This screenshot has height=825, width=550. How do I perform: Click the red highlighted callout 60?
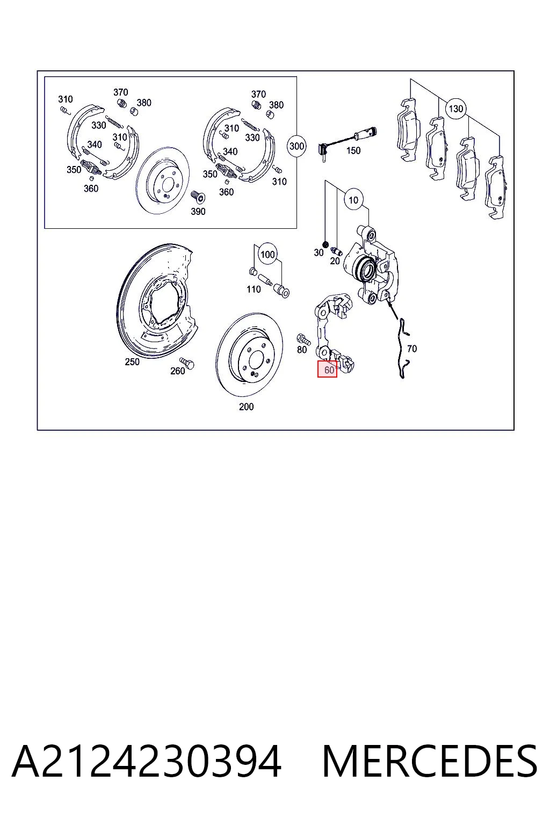point(327,369)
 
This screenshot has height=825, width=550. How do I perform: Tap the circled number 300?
point(296,146)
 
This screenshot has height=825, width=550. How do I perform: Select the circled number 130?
point(455,108)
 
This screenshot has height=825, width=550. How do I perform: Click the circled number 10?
point(353,200)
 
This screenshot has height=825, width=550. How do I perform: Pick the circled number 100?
point(268,255)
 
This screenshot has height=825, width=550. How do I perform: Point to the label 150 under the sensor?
point(353,150)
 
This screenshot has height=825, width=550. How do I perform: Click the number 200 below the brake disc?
point(246,407)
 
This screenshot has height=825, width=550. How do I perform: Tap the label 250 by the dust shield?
point(132,361)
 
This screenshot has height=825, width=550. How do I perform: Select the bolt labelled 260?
point(187,363)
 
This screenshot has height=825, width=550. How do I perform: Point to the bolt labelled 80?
point(303,339)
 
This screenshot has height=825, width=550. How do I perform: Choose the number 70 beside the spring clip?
point(412,349)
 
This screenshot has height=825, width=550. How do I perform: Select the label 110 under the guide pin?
point(254,290)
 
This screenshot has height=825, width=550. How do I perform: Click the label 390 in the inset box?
point(198,212)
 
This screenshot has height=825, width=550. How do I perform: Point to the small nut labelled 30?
point(325,244)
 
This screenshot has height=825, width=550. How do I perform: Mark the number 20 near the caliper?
point(335,260)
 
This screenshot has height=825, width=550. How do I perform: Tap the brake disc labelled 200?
point(249,354)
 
